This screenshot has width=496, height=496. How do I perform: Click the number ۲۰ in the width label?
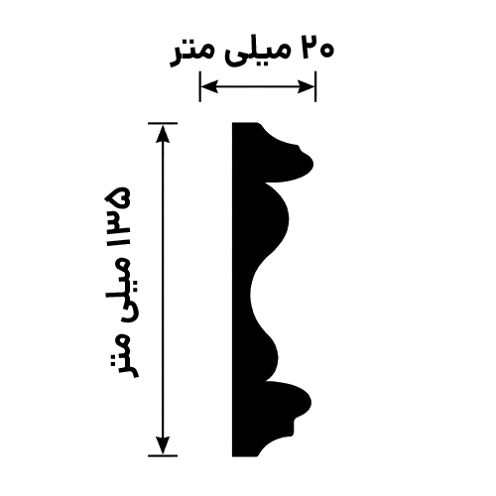pyautogui.click(x=317, y=48)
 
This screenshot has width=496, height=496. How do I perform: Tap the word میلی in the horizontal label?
pyautogui.click(x=258, y=52)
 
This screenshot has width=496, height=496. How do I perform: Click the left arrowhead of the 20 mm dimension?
pyautogui.click(x=209, y=86)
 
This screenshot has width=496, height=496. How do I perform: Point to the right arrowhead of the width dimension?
pyautogui.click(x=306, y=86)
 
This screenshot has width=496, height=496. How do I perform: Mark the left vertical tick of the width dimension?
pyautogui.click(x=199, y=86)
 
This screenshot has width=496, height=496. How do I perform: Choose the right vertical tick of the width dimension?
pyautogui.click(x=315, y=86)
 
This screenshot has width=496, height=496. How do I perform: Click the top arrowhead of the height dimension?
pyautogui.click(x=163, y=133)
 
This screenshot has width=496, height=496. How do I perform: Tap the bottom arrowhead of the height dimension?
pyautogui.click(x=163, y=445)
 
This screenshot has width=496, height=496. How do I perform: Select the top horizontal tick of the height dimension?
pyautogui.click(x=163, y=123)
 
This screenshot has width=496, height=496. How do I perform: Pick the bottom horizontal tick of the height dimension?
pyautogui.click(x=163, y=455)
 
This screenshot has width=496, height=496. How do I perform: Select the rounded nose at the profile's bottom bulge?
pyautogui.click(x=310, y=402)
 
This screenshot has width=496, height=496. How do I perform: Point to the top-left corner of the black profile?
pyautogui.click(x=232, y=123)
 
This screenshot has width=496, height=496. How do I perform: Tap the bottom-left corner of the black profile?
pyautogui.click(x=232, y=456)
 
